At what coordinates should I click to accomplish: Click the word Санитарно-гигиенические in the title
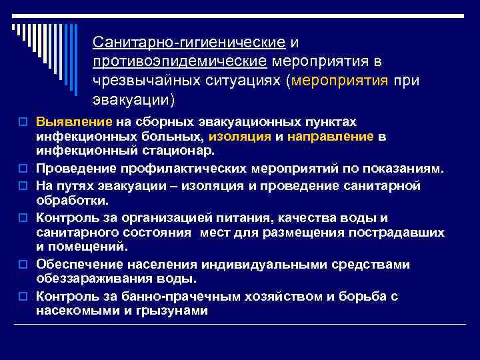[x=190, y=43]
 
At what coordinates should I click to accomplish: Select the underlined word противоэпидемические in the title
[x=181, y=62]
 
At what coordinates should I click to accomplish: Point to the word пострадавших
[x=401, y=232]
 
